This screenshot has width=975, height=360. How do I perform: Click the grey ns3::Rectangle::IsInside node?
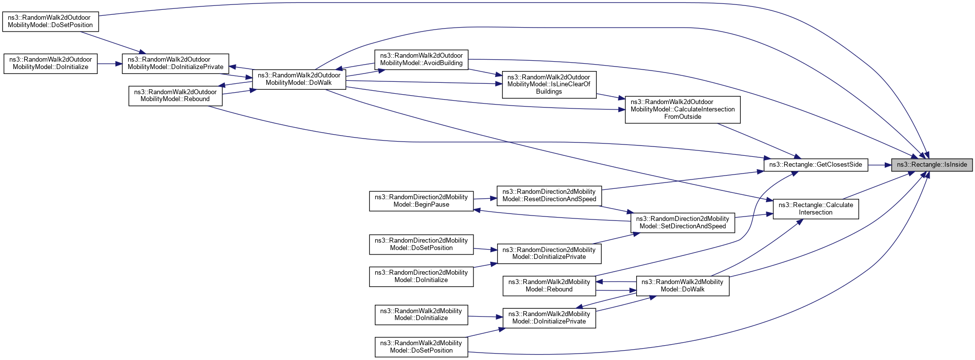[932, 165]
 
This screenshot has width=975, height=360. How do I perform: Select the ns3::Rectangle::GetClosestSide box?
[815, 165]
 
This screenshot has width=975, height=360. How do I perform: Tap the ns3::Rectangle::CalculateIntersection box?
[815, 209]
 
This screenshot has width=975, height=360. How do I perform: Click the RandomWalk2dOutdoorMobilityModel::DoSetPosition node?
[50, 21]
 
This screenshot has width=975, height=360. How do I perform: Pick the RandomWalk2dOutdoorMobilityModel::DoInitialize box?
[50, 63]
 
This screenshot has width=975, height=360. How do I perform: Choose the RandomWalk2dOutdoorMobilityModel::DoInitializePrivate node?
[175, 63]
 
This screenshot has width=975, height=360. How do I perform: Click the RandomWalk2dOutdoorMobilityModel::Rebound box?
[175, 96]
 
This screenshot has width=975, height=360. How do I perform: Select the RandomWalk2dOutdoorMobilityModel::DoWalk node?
[299, 79]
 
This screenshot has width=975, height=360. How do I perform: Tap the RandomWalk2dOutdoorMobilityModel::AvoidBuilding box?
[421, 59]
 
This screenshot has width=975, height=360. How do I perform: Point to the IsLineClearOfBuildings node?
[548, 84]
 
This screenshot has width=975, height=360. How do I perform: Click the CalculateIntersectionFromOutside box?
[682, 109]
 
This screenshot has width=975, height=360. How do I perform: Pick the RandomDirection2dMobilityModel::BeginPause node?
[421, 201]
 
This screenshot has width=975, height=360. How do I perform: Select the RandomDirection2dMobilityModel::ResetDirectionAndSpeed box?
[549, 195]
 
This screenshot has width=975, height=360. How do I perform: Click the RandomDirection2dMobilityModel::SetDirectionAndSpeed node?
[682, 222]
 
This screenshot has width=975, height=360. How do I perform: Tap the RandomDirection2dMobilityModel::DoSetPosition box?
[421, 244]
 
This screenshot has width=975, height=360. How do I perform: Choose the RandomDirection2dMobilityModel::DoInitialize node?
[421, 276]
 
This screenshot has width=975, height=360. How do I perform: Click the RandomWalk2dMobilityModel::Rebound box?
[549, 286]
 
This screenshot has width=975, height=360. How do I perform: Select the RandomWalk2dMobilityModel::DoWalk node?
[682, 286]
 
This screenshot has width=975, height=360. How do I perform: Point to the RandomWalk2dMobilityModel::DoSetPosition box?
[421, 347]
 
